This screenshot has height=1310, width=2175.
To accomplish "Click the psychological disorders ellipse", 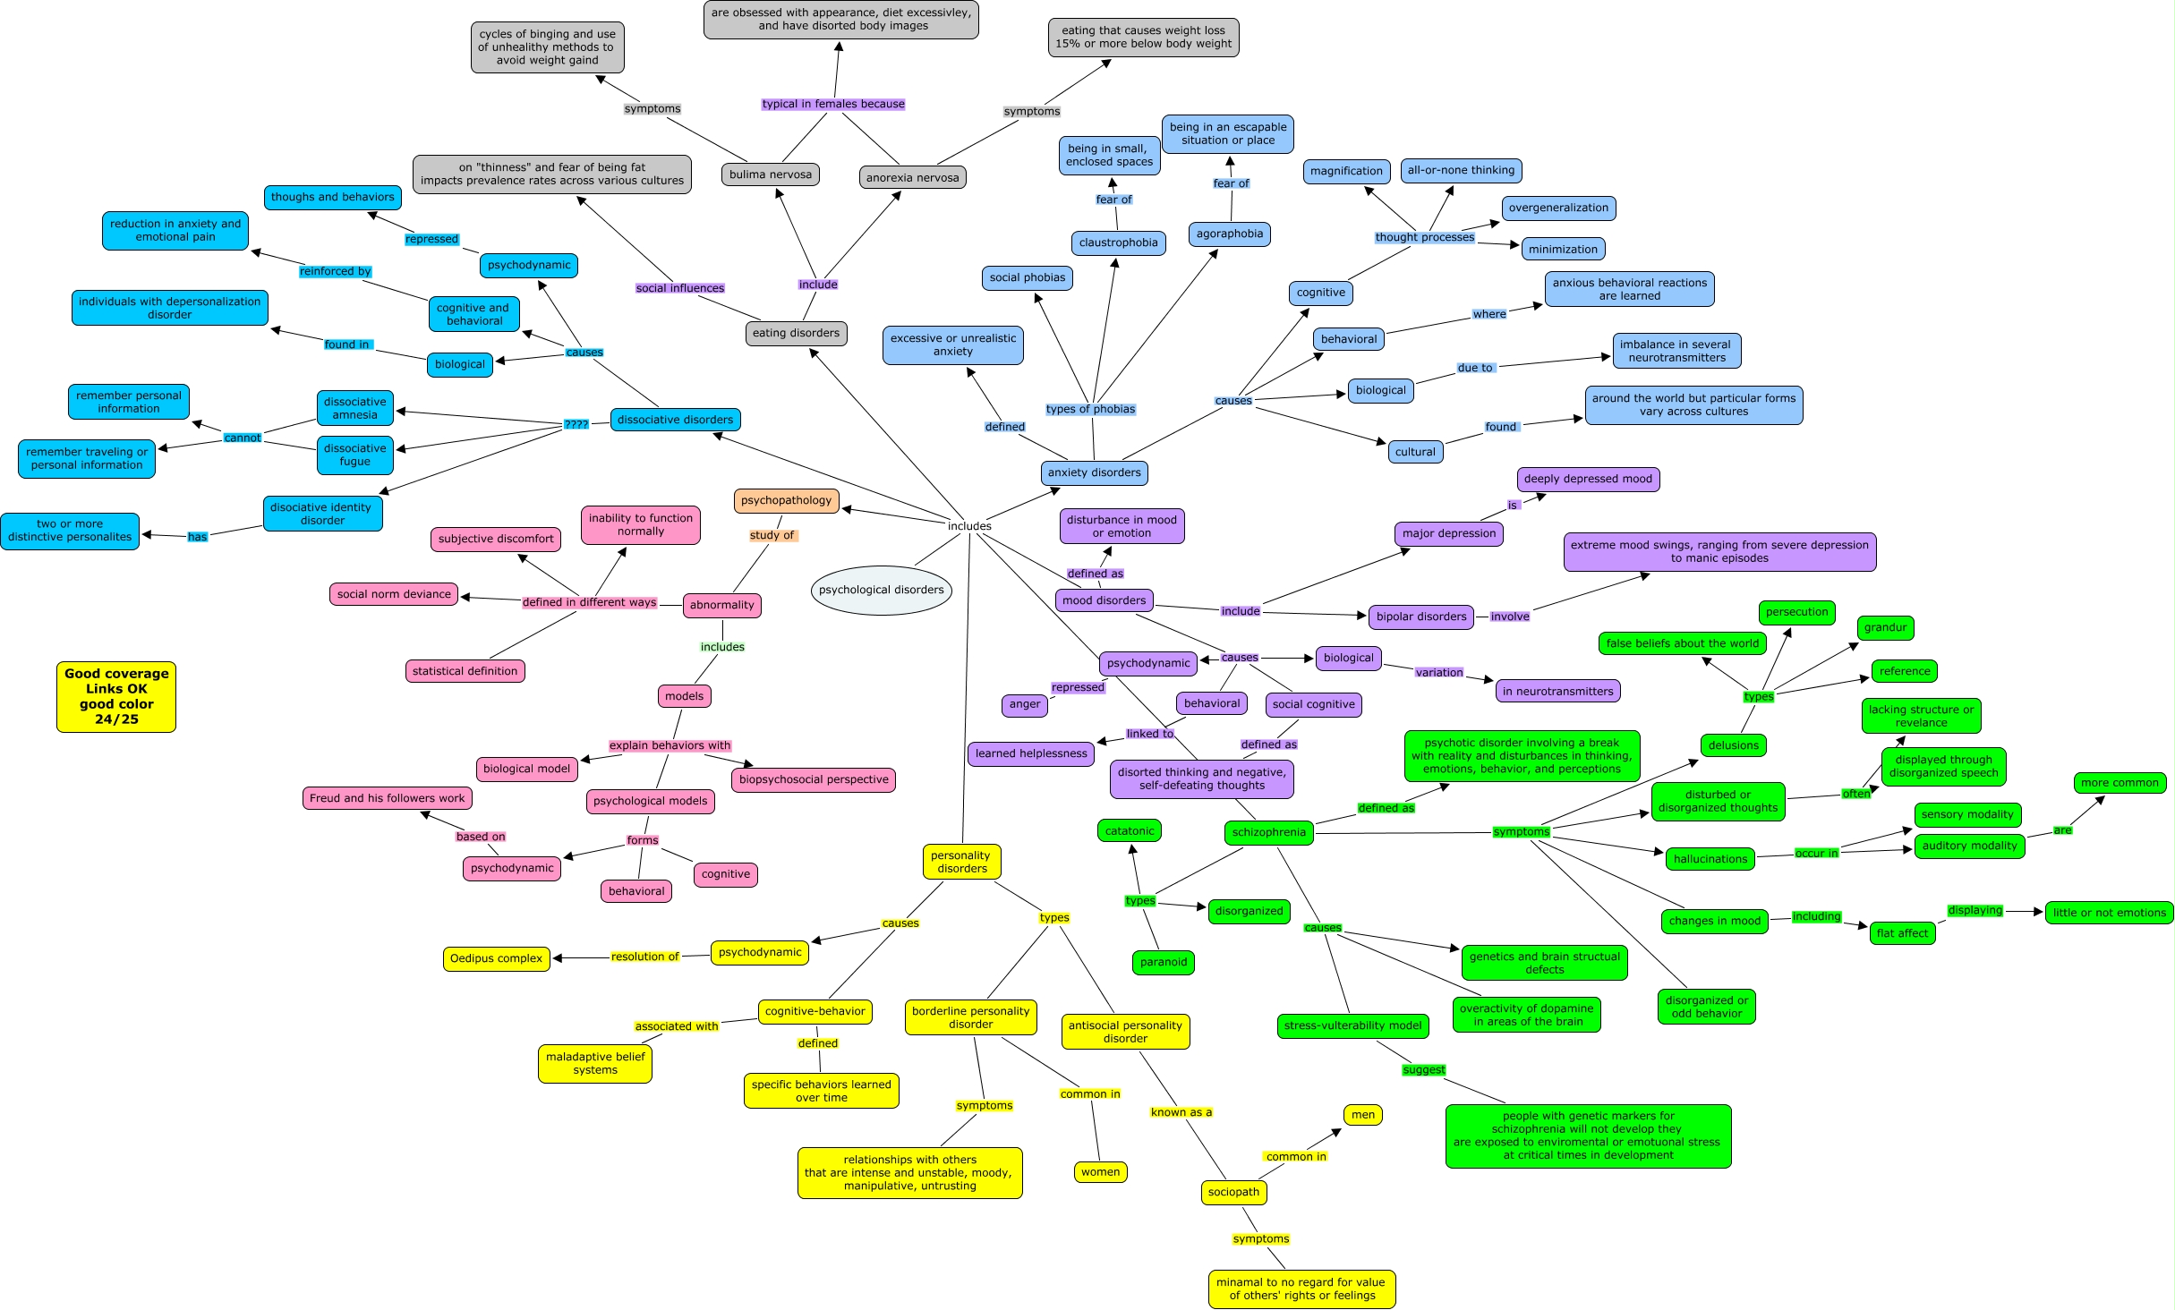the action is (881, 591).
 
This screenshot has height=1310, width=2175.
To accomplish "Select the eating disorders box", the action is (796, 334).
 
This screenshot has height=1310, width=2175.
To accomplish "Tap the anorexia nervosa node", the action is (912, 178).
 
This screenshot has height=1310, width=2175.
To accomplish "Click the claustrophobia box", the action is (1118, 242).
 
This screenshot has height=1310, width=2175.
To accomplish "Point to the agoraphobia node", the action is (1230, 234).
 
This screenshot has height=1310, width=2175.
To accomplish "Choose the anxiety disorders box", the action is (1094, 473).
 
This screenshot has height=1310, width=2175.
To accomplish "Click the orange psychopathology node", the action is (786, 501).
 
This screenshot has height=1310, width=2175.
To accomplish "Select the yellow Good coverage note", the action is (116, 697).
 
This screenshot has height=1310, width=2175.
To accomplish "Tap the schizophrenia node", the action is (1268, 833).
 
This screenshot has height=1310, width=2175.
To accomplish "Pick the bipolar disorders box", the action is (1421, 617).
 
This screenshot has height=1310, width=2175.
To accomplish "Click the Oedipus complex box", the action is (496, 959).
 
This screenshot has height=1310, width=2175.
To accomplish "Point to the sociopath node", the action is (1233, 1193).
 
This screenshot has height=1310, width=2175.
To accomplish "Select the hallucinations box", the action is (1710, 860).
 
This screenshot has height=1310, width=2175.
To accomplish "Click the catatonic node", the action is (1130, 831).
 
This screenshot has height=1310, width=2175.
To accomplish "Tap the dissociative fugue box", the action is (355, 455).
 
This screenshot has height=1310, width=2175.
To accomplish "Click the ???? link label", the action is (576, 424).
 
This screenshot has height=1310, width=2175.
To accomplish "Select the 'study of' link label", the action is (772, 535).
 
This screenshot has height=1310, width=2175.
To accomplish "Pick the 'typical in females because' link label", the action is (832, 105).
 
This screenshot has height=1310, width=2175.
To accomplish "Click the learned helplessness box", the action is (1031, 754).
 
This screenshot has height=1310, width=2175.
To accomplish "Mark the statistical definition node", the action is (465, 672).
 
